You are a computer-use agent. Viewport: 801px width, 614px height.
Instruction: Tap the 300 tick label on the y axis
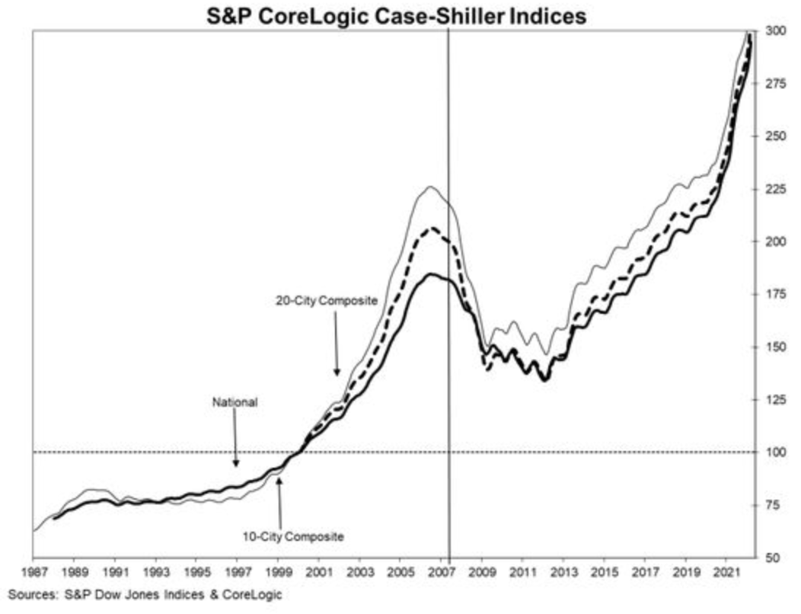coord(776,30)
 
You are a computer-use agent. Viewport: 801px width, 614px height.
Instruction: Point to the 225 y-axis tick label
coord(776,189)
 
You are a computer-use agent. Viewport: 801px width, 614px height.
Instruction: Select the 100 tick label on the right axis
coord(776,452)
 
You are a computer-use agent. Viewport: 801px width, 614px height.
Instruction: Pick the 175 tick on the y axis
coord(776,294)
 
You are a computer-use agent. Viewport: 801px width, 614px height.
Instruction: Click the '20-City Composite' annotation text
coord(326,300)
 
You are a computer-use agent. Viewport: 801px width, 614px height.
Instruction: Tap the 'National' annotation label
coord(235,403)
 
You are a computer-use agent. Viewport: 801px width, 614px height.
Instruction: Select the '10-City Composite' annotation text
coord(293,536)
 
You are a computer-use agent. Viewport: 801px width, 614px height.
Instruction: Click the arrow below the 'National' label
coord(236,446)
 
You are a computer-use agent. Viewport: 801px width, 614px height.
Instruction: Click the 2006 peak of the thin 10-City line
coord(430,187)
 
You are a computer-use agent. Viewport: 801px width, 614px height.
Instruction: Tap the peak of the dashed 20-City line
coord(432,228)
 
